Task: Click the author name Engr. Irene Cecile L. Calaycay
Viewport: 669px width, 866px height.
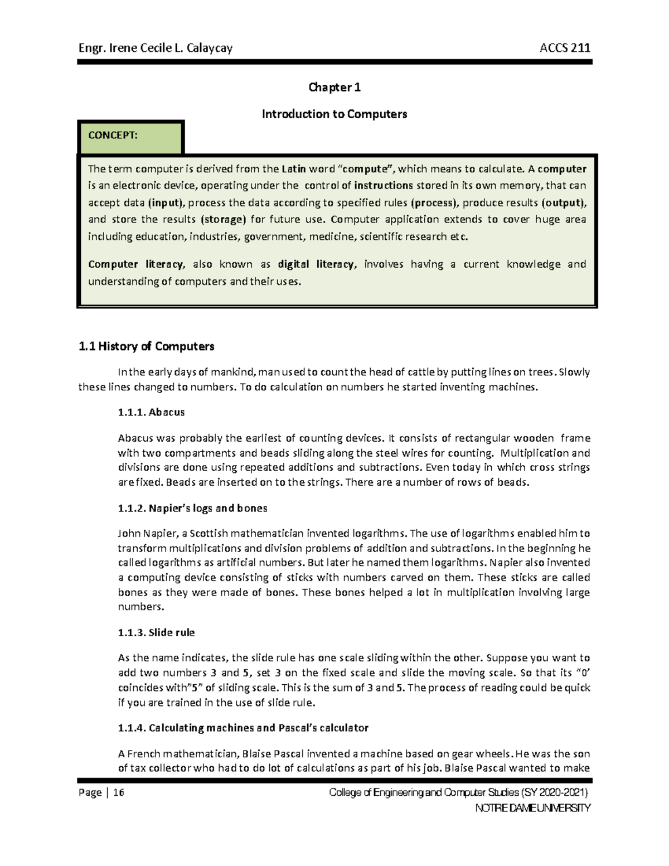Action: (x=156, y=48)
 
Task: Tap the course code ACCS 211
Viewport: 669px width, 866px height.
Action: (x=565, y=48)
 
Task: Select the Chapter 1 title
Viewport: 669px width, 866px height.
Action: (x=334, y=88)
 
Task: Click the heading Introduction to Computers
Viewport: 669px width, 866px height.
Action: (x=334, y=114)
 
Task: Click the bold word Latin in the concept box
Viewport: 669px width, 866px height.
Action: (x=294, y=169)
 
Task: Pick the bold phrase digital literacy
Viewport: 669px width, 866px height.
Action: (x=316, y=264)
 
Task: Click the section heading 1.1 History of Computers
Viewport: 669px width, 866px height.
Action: (x=147, y=347)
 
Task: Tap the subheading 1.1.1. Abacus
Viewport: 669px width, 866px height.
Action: (x=151, y=413)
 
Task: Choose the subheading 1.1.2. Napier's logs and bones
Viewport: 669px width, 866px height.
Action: (x=192, y=509)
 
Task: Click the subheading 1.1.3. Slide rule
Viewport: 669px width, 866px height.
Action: (x=156, y=633)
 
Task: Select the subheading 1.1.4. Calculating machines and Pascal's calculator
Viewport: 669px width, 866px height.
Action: (x=243, y=728)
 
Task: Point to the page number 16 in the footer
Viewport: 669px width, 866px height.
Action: (x=118, y=793)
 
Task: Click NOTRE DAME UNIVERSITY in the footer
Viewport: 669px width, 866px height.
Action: (x=532, y=808)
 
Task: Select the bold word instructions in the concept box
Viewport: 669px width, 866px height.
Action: (x=383, y=186)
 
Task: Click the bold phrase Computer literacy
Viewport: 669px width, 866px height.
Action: (x=136, y=264)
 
